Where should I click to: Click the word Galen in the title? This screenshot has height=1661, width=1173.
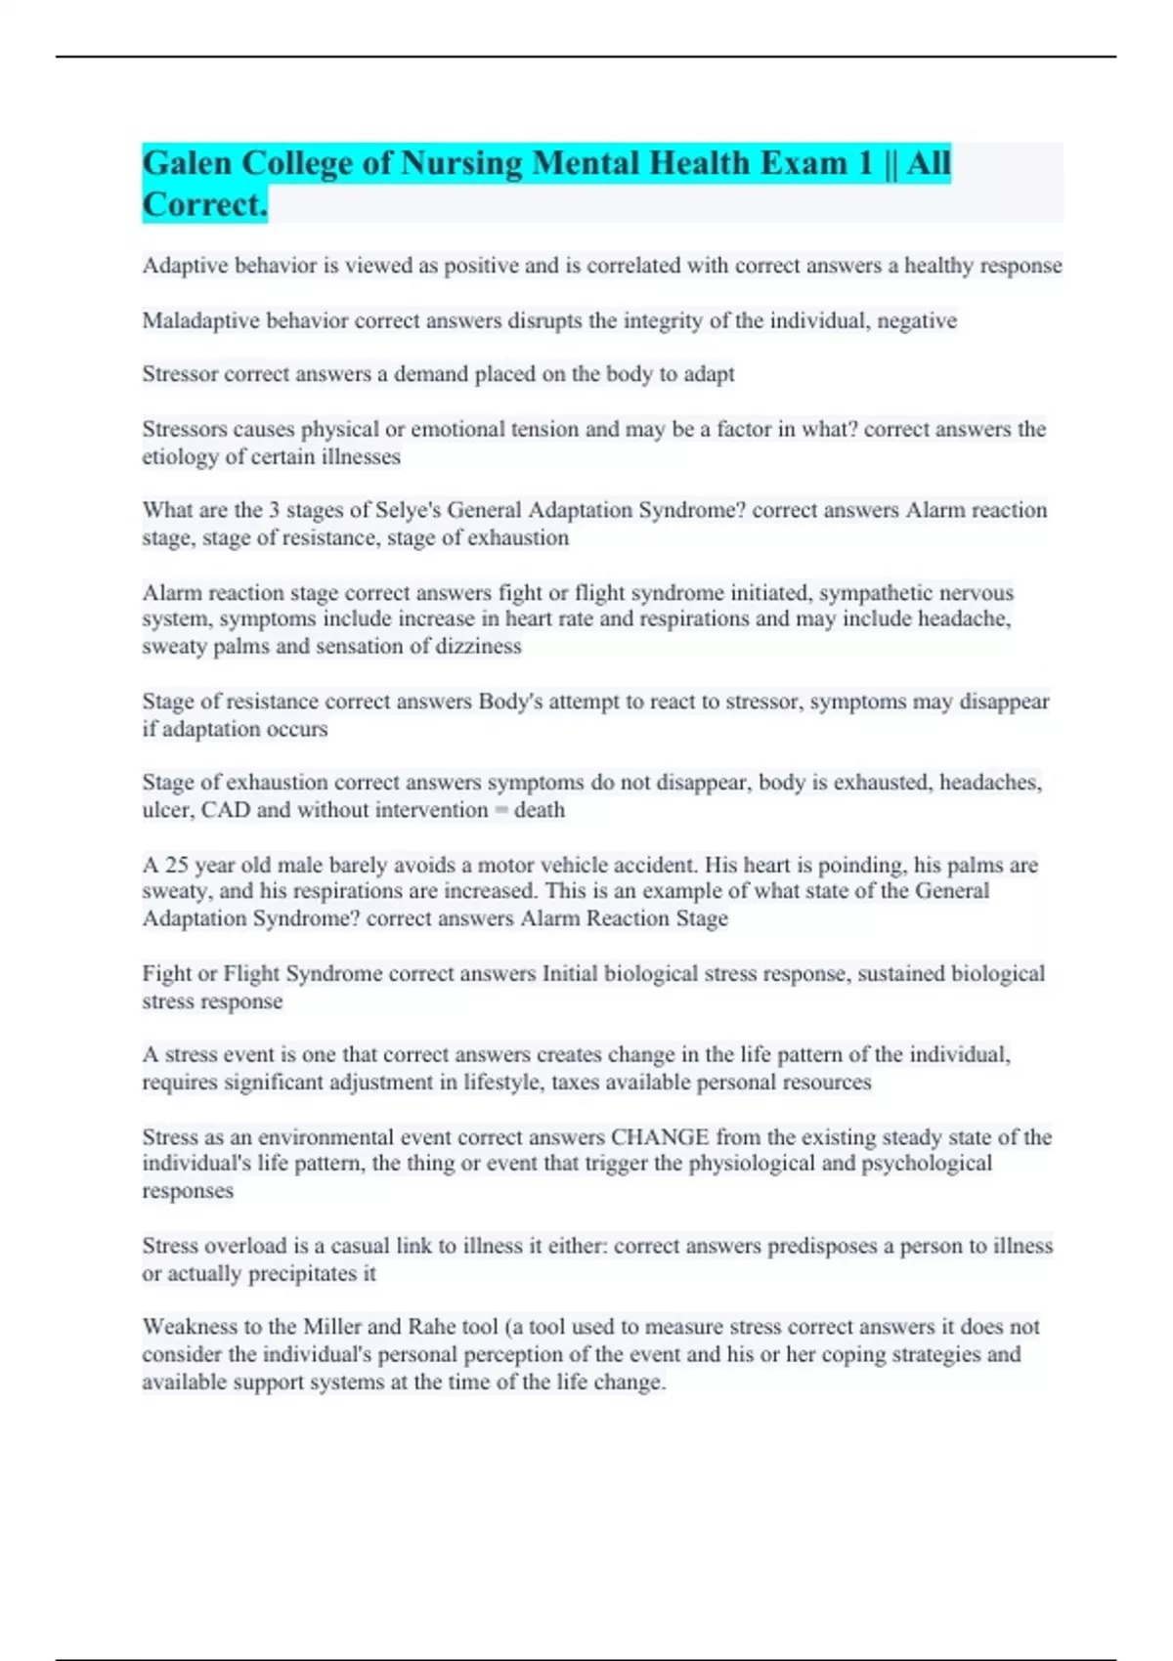tap(188, 163)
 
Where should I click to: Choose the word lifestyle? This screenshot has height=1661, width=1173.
tap(504, 1083)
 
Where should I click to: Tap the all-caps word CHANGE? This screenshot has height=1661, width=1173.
tap(660, 1137)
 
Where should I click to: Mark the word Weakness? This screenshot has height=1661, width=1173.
tap(190, 1327)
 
